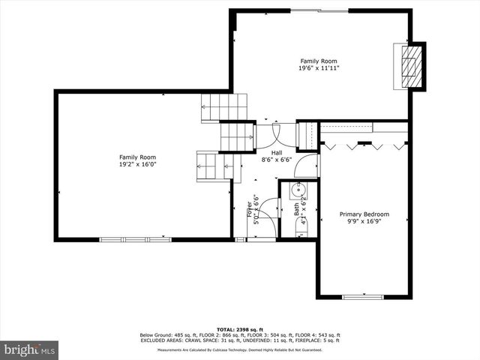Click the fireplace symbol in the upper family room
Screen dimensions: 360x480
pyautogui.click(x=409, y=66)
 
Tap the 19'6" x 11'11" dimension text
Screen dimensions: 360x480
pyautogui.click(x=319, y=68)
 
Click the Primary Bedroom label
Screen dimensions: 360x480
pyautogui.click(x=364, y=214)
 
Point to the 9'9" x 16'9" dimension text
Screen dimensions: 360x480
pyautogui.click(x=364, y=221)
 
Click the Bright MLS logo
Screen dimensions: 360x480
pyautogui.click(x=30, y=349)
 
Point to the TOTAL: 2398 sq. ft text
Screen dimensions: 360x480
pyautogui.click(x=240, y=329)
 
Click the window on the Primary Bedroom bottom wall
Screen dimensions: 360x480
pyautogui.click(x=364, y=297)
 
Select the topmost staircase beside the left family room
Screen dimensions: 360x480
pyautogui.click(x=223, y=107)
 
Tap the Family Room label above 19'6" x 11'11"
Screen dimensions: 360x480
pyautogui.click(x=319, y=61)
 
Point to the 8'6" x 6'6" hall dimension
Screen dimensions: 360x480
pyautogui.click(x=277, y=160)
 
